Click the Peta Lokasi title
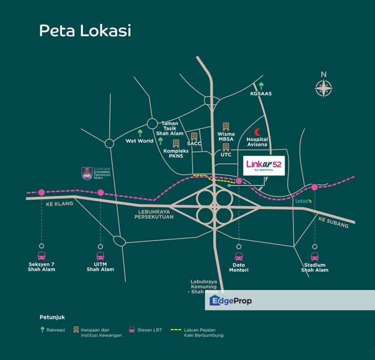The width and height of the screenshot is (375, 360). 85,30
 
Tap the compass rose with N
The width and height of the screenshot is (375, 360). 324,88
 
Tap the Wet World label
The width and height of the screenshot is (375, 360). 139,141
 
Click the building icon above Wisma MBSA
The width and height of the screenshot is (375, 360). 225,126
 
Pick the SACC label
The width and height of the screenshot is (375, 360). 194,143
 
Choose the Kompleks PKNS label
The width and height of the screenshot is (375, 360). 176,154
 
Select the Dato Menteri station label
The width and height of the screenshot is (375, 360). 238,267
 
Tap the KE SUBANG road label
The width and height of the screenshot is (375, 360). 332,222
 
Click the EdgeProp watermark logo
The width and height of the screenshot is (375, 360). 229,300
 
